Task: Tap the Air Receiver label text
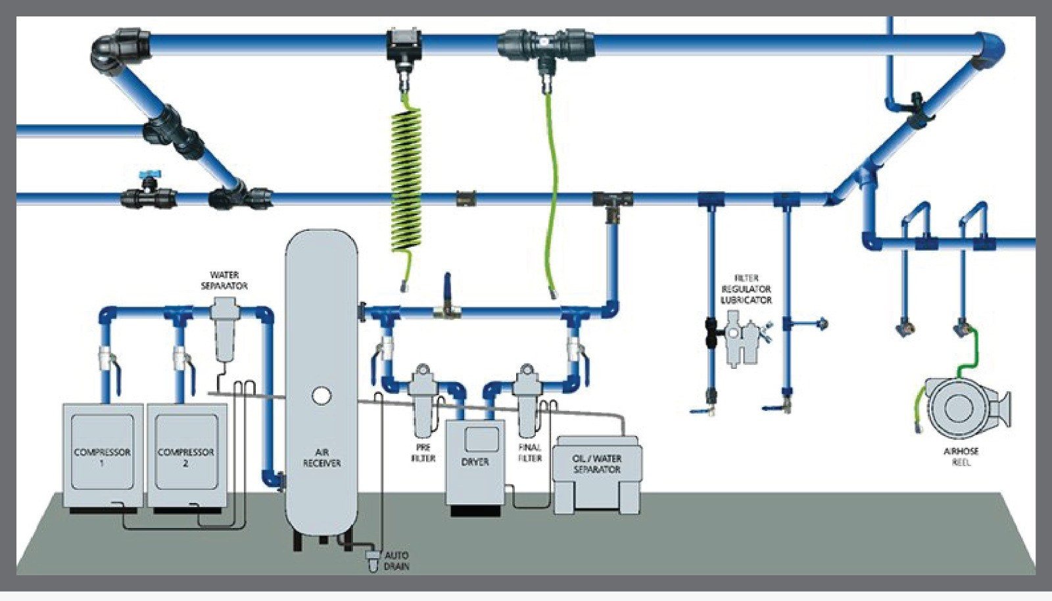(322, 458)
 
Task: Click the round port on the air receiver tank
(322, 395)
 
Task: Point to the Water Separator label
(224, 280)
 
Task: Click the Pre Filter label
(423, 452)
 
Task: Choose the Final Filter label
(529, 452)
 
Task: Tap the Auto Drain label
(396, 560)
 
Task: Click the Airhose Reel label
(961, 456)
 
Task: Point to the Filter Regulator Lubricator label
(746, 289)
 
